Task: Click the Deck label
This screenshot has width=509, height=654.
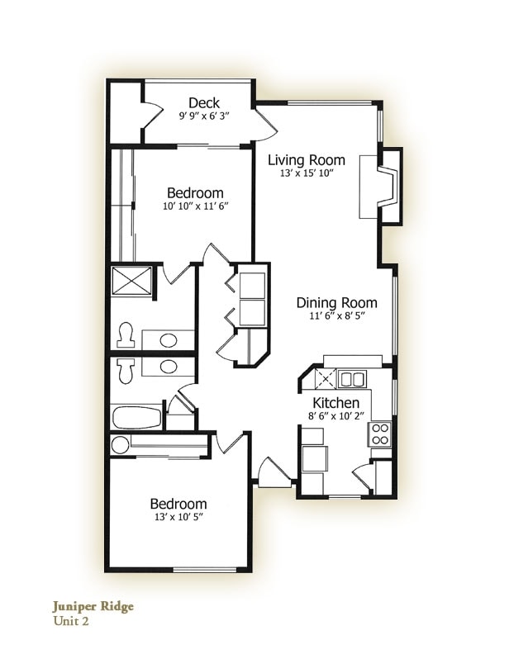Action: coord(204,103)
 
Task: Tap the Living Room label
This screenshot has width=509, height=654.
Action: coord(306,160)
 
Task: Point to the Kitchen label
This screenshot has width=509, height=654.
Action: coord(335,403)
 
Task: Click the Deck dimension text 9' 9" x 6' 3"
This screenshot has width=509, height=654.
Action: coord(204,117)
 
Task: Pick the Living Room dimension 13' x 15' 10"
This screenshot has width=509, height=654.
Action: coord(306,173)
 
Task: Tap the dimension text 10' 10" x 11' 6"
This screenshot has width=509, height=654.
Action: coord(195,206)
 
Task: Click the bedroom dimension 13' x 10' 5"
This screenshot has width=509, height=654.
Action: coord(178,518)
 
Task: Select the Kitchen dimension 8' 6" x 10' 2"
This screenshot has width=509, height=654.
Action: coord(335,417)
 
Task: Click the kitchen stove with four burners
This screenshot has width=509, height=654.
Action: coord(381,434)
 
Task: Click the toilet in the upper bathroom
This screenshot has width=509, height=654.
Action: coord(126,334)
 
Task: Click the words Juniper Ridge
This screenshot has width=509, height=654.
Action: coord(92,606)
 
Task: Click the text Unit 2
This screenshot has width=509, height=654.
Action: coord(71,622)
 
